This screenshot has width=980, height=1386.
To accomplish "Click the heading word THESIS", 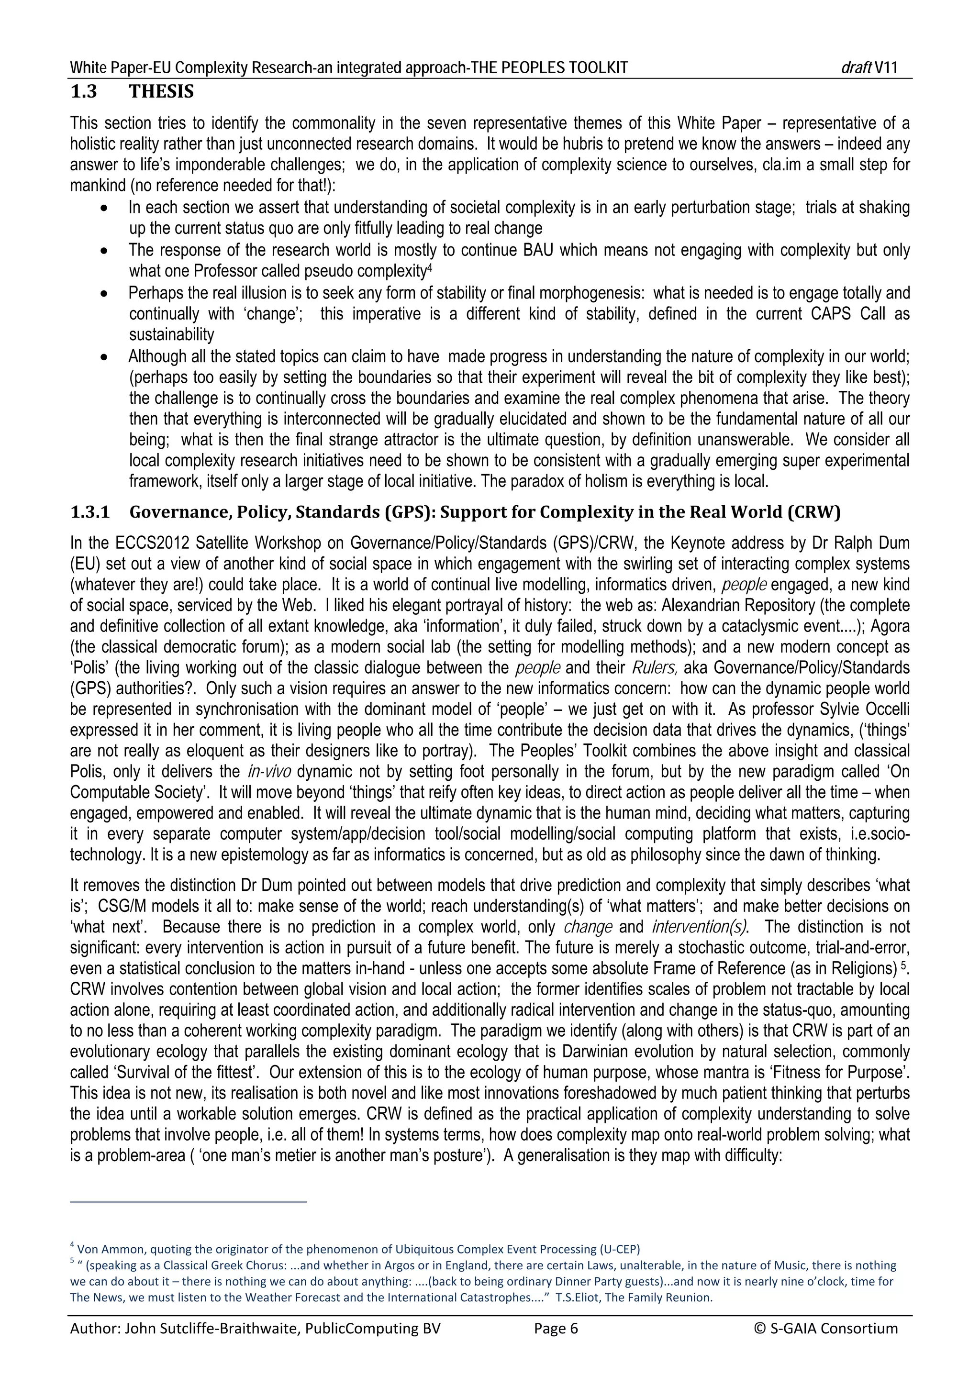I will (161, 92).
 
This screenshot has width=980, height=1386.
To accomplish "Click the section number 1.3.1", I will (90, 512).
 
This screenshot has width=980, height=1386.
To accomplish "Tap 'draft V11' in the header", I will (869, 67).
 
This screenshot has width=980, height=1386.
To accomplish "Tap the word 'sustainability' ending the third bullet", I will (171, 334).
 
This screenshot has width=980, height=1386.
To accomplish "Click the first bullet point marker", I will (105, 208).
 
